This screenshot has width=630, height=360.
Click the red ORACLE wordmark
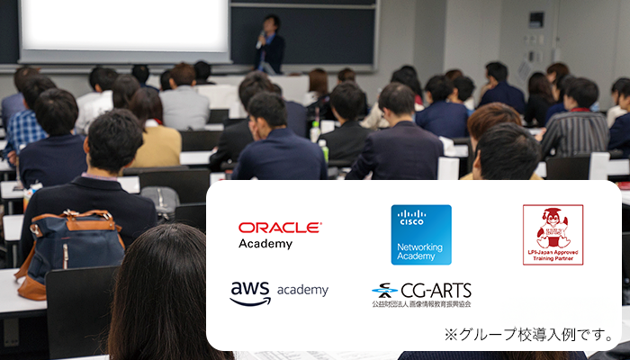point(279,228)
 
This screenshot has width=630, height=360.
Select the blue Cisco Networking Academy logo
point(421,235)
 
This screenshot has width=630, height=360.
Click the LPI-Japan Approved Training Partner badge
point(553,235)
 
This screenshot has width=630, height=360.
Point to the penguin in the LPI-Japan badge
point(553,227)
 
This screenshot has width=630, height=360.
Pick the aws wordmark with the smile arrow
point(250,292)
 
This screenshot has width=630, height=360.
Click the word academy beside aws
point(302,291)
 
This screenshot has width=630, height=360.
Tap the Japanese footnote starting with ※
point(528,335)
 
